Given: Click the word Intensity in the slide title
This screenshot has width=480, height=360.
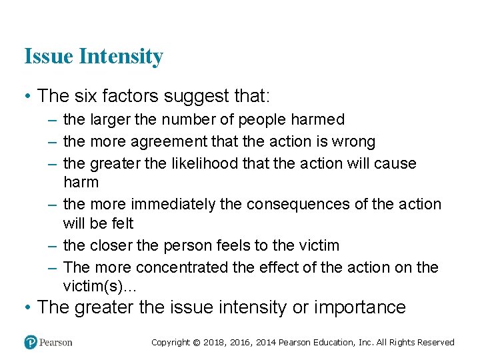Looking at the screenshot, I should tap(121, 57).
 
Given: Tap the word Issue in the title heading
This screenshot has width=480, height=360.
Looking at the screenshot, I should tap(49, 57).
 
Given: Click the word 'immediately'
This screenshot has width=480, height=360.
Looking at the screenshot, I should tap(173, 204).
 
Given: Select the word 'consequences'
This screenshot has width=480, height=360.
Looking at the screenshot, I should tap(299, 204).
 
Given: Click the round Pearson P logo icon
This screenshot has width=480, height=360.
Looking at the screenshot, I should tap(31, 342).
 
